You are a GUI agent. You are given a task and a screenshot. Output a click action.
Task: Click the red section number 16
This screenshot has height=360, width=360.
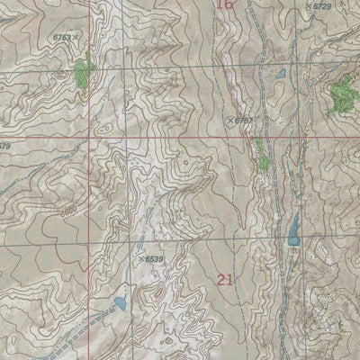[x=225, y=5]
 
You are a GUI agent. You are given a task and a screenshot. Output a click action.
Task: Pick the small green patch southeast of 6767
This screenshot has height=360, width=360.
[x=262, y=156]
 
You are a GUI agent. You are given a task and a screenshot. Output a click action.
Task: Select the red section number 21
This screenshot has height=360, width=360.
[x=226, y=280]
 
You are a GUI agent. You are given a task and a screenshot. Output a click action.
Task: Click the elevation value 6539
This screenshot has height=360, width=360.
[x=155, y=259]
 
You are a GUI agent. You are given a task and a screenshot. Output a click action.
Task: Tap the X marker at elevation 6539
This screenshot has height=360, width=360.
[x=141, y=259]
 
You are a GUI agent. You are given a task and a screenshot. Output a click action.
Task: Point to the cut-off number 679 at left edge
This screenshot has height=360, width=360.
[x=4, y=146]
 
